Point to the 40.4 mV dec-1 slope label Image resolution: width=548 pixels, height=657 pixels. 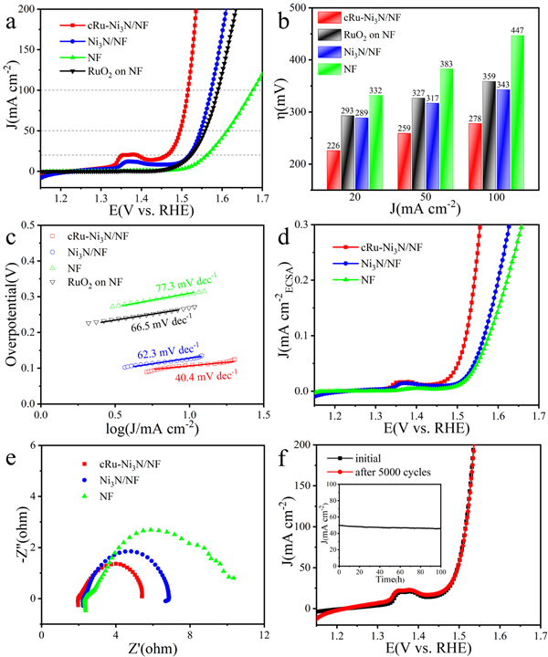(x=205, y=374)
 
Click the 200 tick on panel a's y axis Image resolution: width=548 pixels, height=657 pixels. (x=28, y=10)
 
